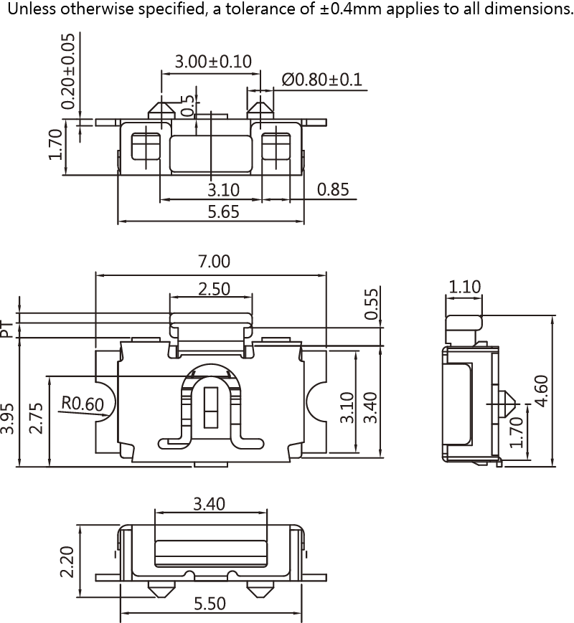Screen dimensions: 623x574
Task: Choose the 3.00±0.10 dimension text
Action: (213, 61)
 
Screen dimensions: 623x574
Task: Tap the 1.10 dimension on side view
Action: (465, 287)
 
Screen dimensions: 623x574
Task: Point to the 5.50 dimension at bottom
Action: (210, 604)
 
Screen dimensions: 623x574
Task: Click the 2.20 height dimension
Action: (68, 562)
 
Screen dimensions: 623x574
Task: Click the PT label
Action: (6, 329)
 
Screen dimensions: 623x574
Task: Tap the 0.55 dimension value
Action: (370, 305)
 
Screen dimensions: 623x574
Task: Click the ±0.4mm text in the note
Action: (348, 11)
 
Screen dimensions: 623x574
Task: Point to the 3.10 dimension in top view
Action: (223, 189)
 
